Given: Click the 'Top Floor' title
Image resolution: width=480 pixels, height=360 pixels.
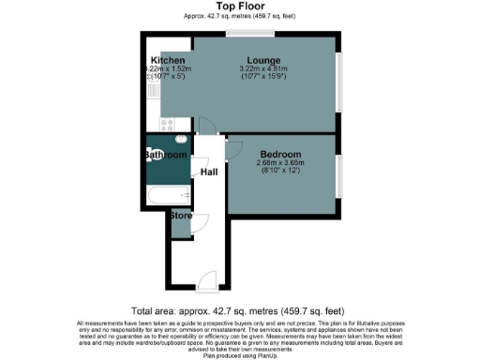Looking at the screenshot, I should tap(240, 6).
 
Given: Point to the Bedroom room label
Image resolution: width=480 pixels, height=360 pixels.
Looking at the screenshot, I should tap(280, 154).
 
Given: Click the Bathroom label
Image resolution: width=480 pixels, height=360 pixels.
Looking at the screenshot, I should tap(165, 154).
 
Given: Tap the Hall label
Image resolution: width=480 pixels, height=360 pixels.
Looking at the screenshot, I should tap(210, 172).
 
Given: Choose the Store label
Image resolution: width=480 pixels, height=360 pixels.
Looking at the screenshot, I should tap(179, 215).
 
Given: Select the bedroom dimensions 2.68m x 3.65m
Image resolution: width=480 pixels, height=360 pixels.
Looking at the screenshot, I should tap(280, 163).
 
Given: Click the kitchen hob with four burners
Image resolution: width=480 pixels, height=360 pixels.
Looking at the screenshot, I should tap(168, 123).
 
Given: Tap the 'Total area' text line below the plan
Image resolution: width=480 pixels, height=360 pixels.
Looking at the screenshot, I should tap(240, 309).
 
